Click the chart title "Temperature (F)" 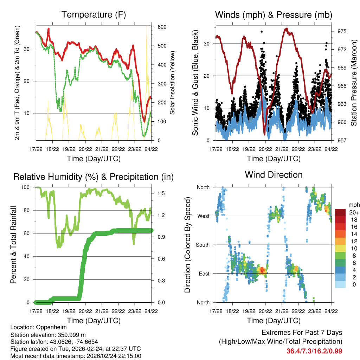pos(94,15)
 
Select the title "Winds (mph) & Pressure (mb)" pos(274,15)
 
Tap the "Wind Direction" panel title pos(274,175)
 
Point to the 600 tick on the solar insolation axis pos(162,27)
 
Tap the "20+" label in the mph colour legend pos(354,212)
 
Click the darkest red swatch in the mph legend pos(340,212)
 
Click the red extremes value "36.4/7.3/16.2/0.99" pos(314,351)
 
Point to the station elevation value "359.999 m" pos(69,335)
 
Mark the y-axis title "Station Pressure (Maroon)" pos(354,82)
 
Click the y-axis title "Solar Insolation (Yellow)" pos(173,82)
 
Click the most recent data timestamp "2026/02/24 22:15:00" pos(111,356)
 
